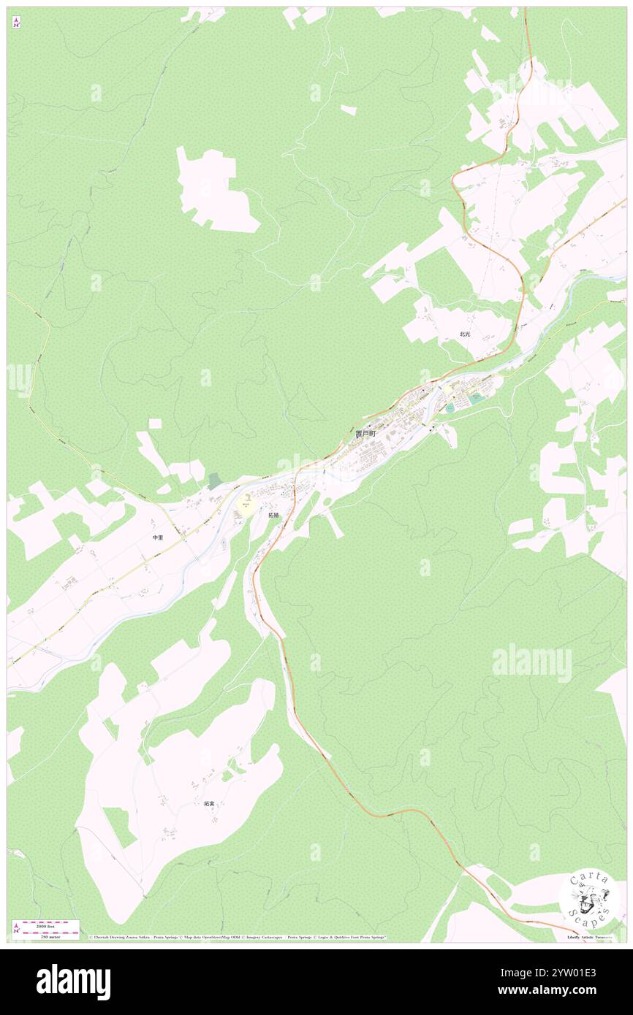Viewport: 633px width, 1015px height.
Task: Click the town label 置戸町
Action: click(365, 434)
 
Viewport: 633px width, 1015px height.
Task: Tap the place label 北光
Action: click(465, 334)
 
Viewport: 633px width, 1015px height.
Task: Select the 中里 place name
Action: click(157, 537)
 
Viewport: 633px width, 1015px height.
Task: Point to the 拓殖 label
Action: click(273, 515)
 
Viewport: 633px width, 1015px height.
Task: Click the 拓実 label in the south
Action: click(210, 804)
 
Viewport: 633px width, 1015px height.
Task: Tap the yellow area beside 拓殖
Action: click(247, 505)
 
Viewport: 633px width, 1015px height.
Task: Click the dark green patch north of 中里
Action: click(213, 481)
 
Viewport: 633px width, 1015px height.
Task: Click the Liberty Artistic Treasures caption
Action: click(591, 936)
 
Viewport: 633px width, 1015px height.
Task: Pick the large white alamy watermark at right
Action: click(531, 663)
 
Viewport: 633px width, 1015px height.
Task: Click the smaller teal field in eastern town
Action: click(450, 407)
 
